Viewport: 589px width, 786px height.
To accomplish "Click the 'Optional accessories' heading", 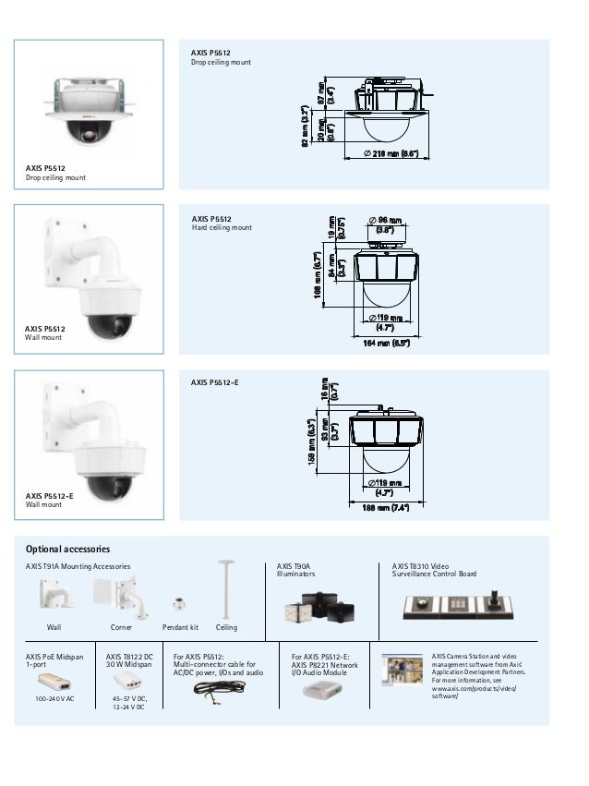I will pyautogui.click(x=67, y=549).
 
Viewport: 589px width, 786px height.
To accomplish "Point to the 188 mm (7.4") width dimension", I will pyautogui.click(x=386, y=508).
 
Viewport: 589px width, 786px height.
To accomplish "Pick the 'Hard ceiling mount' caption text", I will pyautogui.click(x=222, y=227).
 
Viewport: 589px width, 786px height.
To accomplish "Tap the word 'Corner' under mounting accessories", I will pyautogui.click(x=121, y=627).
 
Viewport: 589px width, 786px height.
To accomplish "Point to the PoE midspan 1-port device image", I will pyautogui.click(x=55, y=682).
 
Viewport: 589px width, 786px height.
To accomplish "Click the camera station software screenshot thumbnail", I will pyautogui.click(x=403, y=671).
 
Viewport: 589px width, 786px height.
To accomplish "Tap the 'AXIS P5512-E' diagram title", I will pyautogui.click(x=214, y=381).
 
